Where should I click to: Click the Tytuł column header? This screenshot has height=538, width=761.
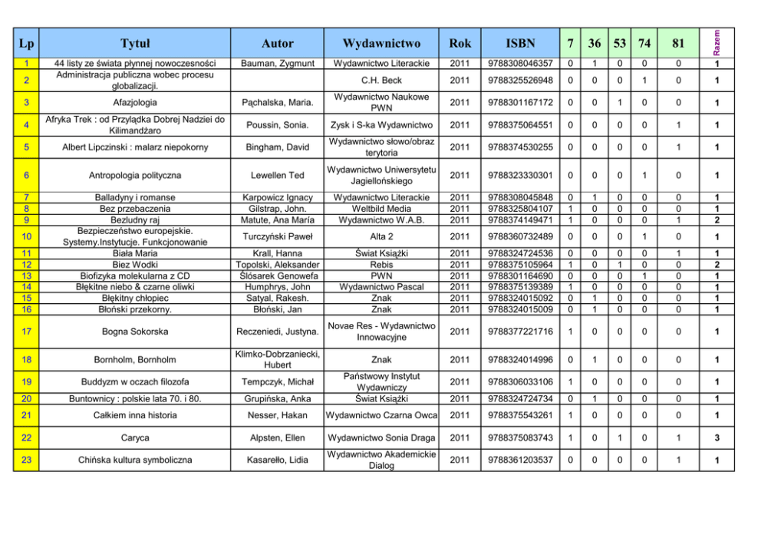[x=135, y=43]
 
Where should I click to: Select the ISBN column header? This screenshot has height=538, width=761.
[x=521, y=43]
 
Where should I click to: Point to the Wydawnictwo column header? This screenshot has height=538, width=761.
[x=381, y=43]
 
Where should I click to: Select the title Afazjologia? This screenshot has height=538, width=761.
[x=135, y=102]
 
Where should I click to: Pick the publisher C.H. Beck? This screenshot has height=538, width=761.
[x=381, y=80]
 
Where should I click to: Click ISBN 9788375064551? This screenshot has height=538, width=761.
[x=521, y=125]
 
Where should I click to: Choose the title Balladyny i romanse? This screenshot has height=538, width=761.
[x=135, y=197]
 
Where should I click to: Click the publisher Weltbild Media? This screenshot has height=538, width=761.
[x=381, y=208]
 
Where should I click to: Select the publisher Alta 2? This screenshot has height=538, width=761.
[x=381, y=236]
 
